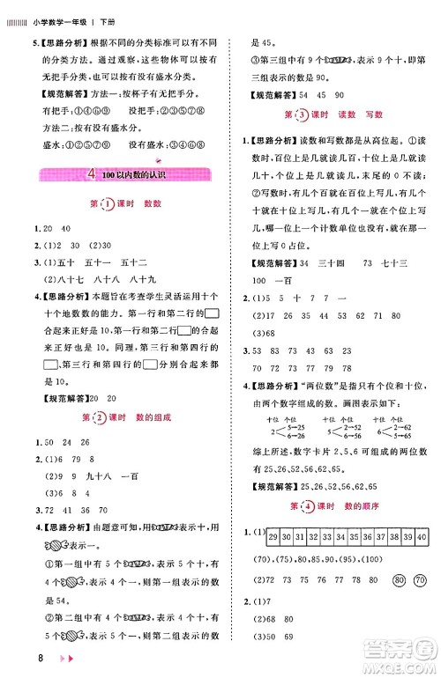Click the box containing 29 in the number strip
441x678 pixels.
273,536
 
